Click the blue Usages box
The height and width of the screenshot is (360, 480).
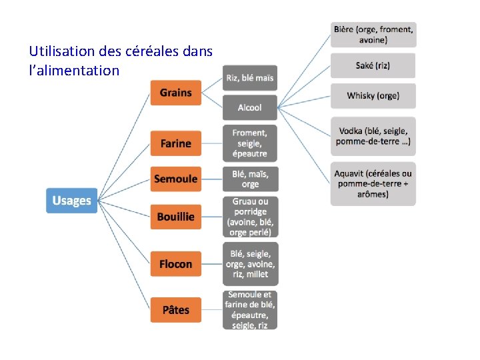(x=71, y=201)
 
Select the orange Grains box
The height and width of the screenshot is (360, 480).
(x=175, y=93)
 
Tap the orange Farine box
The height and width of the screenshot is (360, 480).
(x=175, y=143)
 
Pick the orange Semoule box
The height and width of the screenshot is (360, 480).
(x=175, y=179)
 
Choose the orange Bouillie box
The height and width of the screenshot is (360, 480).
(x=175, y=217)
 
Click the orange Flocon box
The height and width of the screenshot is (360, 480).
(x=175, y=264)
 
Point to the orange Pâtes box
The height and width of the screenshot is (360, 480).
(x=175, y=310)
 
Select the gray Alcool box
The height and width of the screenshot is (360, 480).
(x=249, y=107)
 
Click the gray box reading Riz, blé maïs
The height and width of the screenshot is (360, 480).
(x=249, y=78)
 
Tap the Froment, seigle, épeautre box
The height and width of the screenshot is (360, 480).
(x=249, y=143)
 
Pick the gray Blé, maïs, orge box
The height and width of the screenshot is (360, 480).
(x=249, y=179)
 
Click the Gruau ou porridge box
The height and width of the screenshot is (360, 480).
(x=250, y=217)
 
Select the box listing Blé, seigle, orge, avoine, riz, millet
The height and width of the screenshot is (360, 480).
(x=250, y=263)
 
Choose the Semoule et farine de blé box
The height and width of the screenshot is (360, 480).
(x=250, y=310)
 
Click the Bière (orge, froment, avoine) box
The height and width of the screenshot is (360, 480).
(x=373, y=34)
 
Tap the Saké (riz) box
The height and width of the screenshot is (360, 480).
(x=373, y=65)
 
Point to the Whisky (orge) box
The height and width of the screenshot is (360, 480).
(x=373, y=96)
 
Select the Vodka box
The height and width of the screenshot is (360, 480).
(x=373, y=136)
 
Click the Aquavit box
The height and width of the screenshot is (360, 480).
(x=373, y=184)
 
